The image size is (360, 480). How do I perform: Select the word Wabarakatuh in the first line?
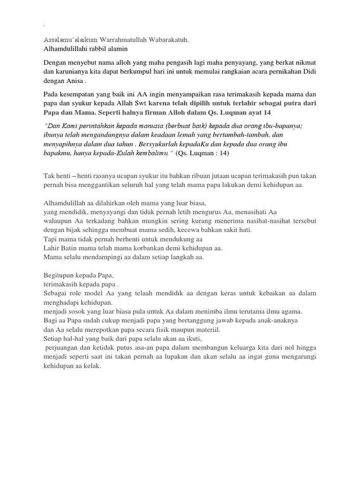pyautogui.click(x=168, y=40)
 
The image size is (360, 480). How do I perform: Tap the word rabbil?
pyautogui.click(x=98, y=49)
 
